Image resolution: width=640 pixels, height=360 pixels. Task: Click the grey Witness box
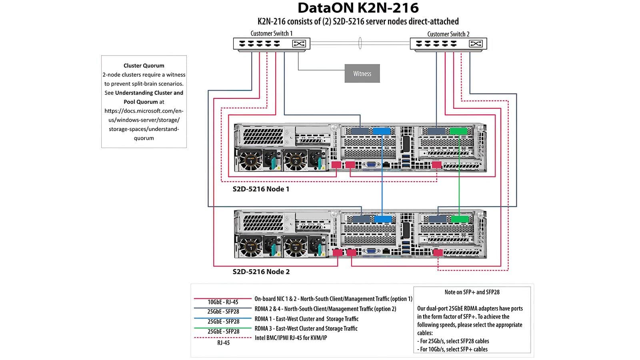[362, 74]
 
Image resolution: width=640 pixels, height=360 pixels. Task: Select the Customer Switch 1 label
[271, 34]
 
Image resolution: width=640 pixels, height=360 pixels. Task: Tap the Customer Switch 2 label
[448, 34]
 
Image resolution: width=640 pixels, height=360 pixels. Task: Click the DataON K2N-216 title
[358, 8]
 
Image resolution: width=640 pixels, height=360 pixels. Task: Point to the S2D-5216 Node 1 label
[261, 189]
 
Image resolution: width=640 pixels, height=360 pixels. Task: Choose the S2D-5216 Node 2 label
[261, 272]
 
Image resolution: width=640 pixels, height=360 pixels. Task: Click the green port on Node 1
[458, 131]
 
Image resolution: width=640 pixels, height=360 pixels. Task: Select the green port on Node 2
[459, 219]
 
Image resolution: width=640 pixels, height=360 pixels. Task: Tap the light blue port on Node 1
[381, 131]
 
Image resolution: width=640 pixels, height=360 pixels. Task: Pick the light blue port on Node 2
[382, 219]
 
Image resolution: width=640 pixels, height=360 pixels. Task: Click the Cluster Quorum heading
[144, 66]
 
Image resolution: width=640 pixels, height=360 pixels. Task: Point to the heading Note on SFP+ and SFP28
[472, 292]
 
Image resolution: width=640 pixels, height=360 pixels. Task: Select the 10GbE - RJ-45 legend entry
[223, 302]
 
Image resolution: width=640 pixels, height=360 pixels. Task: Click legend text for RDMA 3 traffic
[306, 328]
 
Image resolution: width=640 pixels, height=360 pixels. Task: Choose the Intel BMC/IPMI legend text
[291, 338]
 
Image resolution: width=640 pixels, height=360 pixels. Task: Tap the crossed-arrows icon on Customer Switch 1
[299, 44]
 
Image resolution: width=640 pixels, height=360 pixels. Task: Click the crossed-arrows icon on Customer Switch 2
[476, 44]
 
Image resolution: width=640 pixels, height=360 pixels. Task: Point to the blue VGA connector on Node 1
[371, 164]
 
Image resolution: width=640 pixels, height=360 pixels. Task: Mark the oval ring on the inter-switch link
[360, 43]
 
